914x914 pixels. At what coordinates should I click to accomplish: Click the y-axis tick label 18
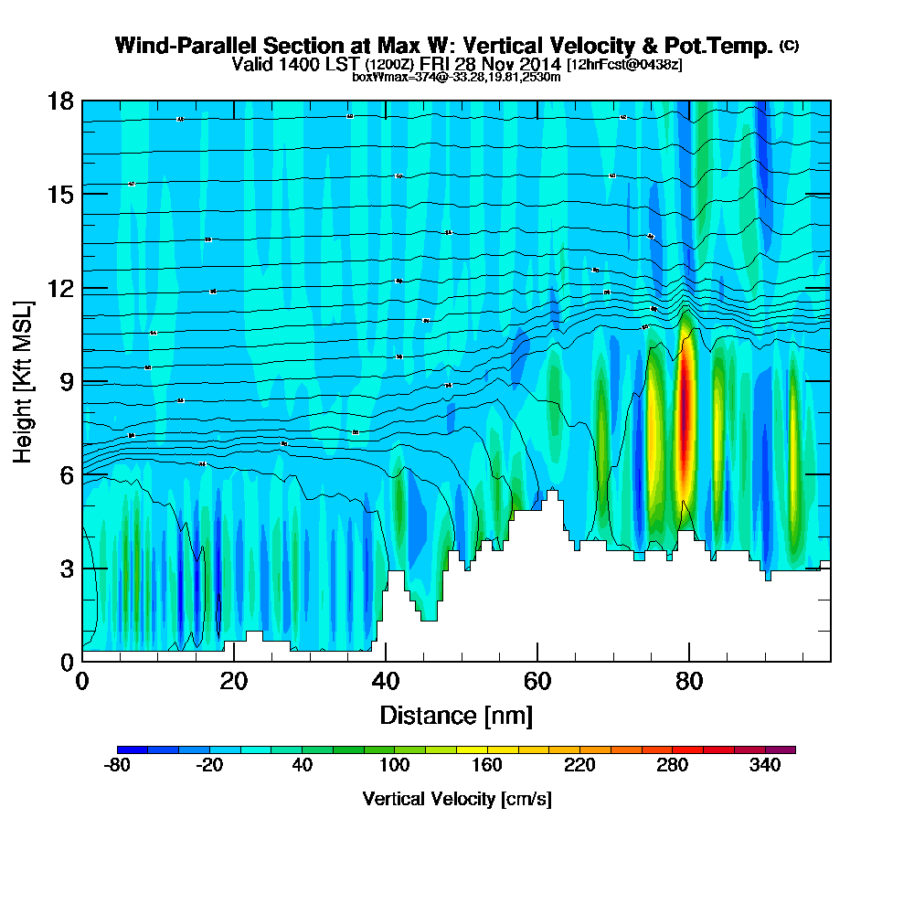[x=60, y=101]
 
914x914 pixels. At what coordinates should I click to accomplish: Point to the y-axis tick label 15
[x=60, y=194]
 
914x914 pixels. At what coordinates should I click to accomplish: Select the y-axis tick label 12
[x=60, y=288]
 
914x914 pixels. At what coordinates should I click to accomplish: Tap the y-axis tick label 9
[x=66, y=381]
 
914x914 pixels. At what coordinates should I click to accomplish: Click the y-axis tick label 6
[x=66, y=474]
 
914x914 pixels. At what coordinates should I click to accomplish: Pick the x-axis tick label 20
[x=234, y=682]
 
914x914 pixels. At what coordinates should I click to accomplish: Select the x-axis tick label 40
[x=386, y=682]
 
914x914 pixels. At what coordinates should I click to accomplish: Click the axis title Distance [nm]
[x=456, y=715]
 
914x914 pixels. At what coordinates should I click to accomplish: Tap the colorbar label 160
[x=486, y=766]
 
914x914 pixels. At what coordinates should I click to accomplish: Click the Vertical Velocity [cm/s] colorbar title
[x=456, y=799]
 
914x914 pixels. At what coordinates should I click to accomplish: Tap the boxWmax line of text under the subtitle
[x=456, y=77]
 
